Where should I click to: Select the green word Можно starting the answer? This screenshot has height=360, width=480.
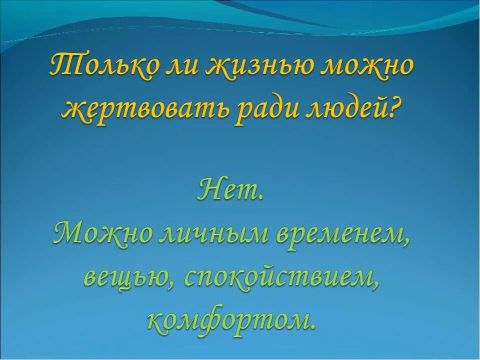pyautogui.click(x=102, y=233)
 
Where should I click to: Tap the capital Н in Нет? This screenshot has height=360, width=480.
pyautogui.click(x=209, y=189)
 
